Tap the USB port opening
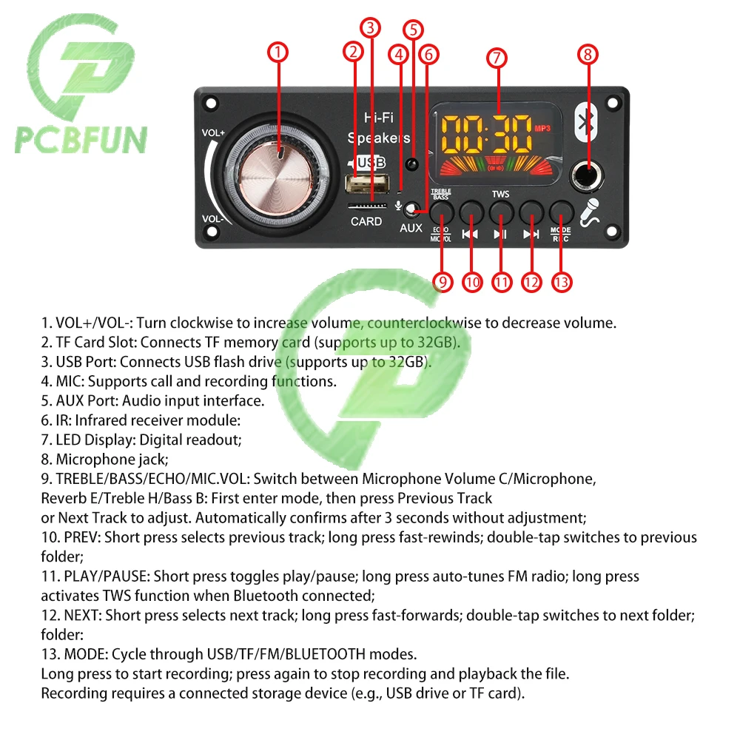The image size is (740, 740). tap(368, 184)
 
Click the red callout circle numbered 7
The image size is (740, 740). tap(497, 58)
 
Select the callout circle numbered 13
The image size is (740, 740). tap(561, 282)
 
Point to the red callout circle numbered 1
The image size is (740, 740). tap(277, 52)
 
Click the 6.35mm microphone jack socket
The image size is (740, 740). tap(587, 176)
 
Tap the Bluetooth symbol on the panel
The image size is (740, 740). tap(586, 123)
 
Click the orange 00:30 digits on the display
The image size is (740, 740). tap(486, 134)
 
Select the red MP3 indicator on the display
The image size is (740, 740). tap(542, 128)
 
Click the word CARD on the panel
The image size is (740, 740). tap(366, 221)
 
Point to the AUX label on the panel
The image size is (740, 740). tap(411, 228)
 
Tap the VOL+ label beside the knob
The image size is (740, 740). tap(213, 133)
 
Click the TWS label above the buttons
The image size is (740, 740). tap(500, 194)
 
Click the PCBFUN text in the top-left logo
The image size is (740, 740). tap(81, 140)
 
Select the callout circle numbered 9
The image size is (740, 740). tap(443, 282)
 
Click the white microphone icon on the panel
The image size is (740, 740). tap(590, 212)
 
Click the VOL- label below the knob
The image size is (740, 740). tap(212, 219)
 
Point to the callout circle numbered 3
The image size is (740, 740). tap(371, 28)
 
